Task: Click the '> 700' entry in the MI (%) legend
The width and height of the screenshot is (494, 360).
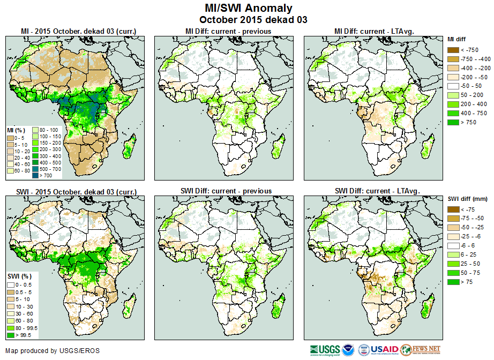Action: pos(42,175)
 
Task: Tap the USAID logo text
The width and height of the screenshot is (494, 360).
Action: pos(385,349)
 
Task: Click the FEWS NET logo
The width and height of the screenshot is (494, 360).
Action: pos(420,349)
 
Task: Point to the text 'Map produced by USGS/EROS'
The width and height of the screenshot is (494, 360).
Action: pos(53,351)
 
